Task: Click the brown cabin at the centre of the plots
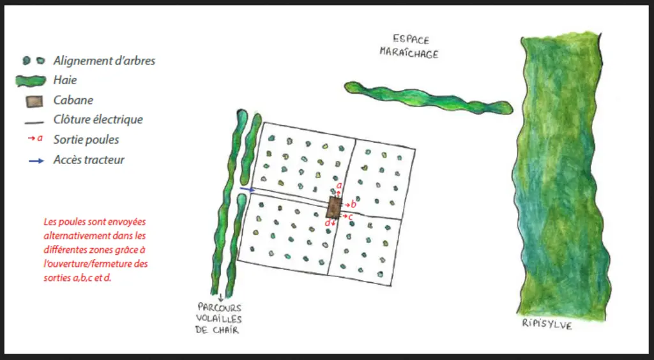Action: click(x=333, y=207)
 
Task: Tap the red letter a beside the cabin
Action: click(x=339, y=185)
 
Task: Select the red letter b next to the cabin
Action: click(x=354, y=204)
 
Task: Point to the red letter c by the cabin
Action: click(x=351, y=216)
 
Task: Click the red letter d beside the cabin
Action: click(x=328, y=223)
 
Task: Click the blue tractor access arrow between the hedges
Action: click(x=247, y=190)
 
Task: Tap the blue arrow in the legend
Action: click(x=36, y=160)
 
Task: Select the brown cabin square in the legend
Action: click(x=34, y=101)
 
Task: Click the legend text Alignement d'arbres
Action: click(x=104, y=61)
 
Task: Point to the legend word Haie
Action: click(x=65, y=80)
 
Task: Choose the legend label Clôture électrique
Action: click(x=98, y=119)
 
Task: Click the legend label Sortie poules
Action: click(x=86, y=140)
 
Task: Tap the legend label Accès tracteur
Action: click(x=89, y=160)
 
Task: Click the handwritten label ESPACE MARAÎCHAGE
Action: click(x=409, y=47)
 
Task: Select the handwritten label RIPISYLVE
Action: click(x=547, y=324)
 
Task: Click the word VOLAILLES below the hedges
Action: click(x=219, y=319)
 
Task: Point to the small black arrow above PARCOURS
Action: click(x=220, y=298)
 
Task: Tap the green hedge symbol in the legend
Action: click(x=31, y=80)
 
